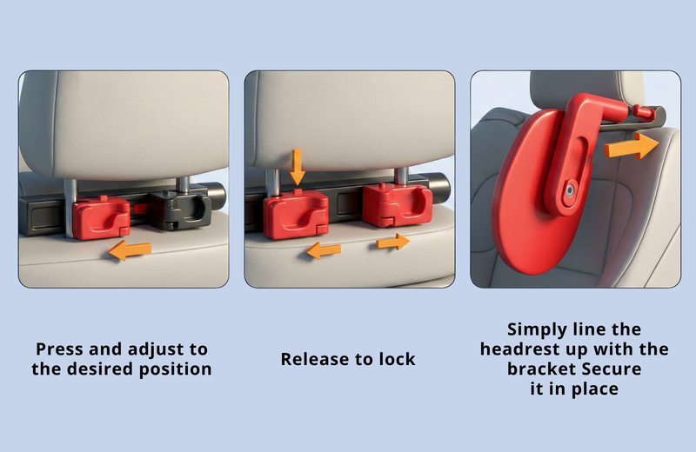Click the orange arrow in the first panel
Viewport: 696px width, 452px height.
(x=130, y=250)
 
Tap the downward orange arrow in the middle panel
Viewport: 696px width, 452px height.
(x=297, y=167)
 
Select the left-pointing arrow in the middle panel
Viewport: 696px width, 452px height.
(x=323, y=250)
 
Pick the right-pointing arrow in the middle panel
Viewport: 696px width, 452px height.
(x=393, y=243)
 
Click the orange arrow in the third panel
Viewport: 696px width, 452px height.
(x=632, y=146)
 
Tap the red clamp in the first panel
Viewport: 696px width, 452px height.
(x=102, y=217)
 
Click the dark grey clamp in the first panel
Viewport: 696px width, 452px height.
(x=180, y=209)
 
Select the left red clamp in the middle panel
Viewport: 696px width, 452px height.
(x=296, y=214)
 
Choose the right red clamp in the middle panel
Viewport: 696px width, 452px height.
(x=397, y=205)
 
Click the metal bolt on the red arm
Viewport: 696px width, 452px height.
(x=569, y=191)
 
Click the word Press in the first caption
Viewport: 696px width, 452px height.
(x=59, y=349)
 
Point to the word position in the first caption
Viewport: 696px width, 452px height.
(x=176, y=369)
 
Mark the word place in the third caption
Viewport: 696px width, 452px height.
(x=595, y=389)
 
